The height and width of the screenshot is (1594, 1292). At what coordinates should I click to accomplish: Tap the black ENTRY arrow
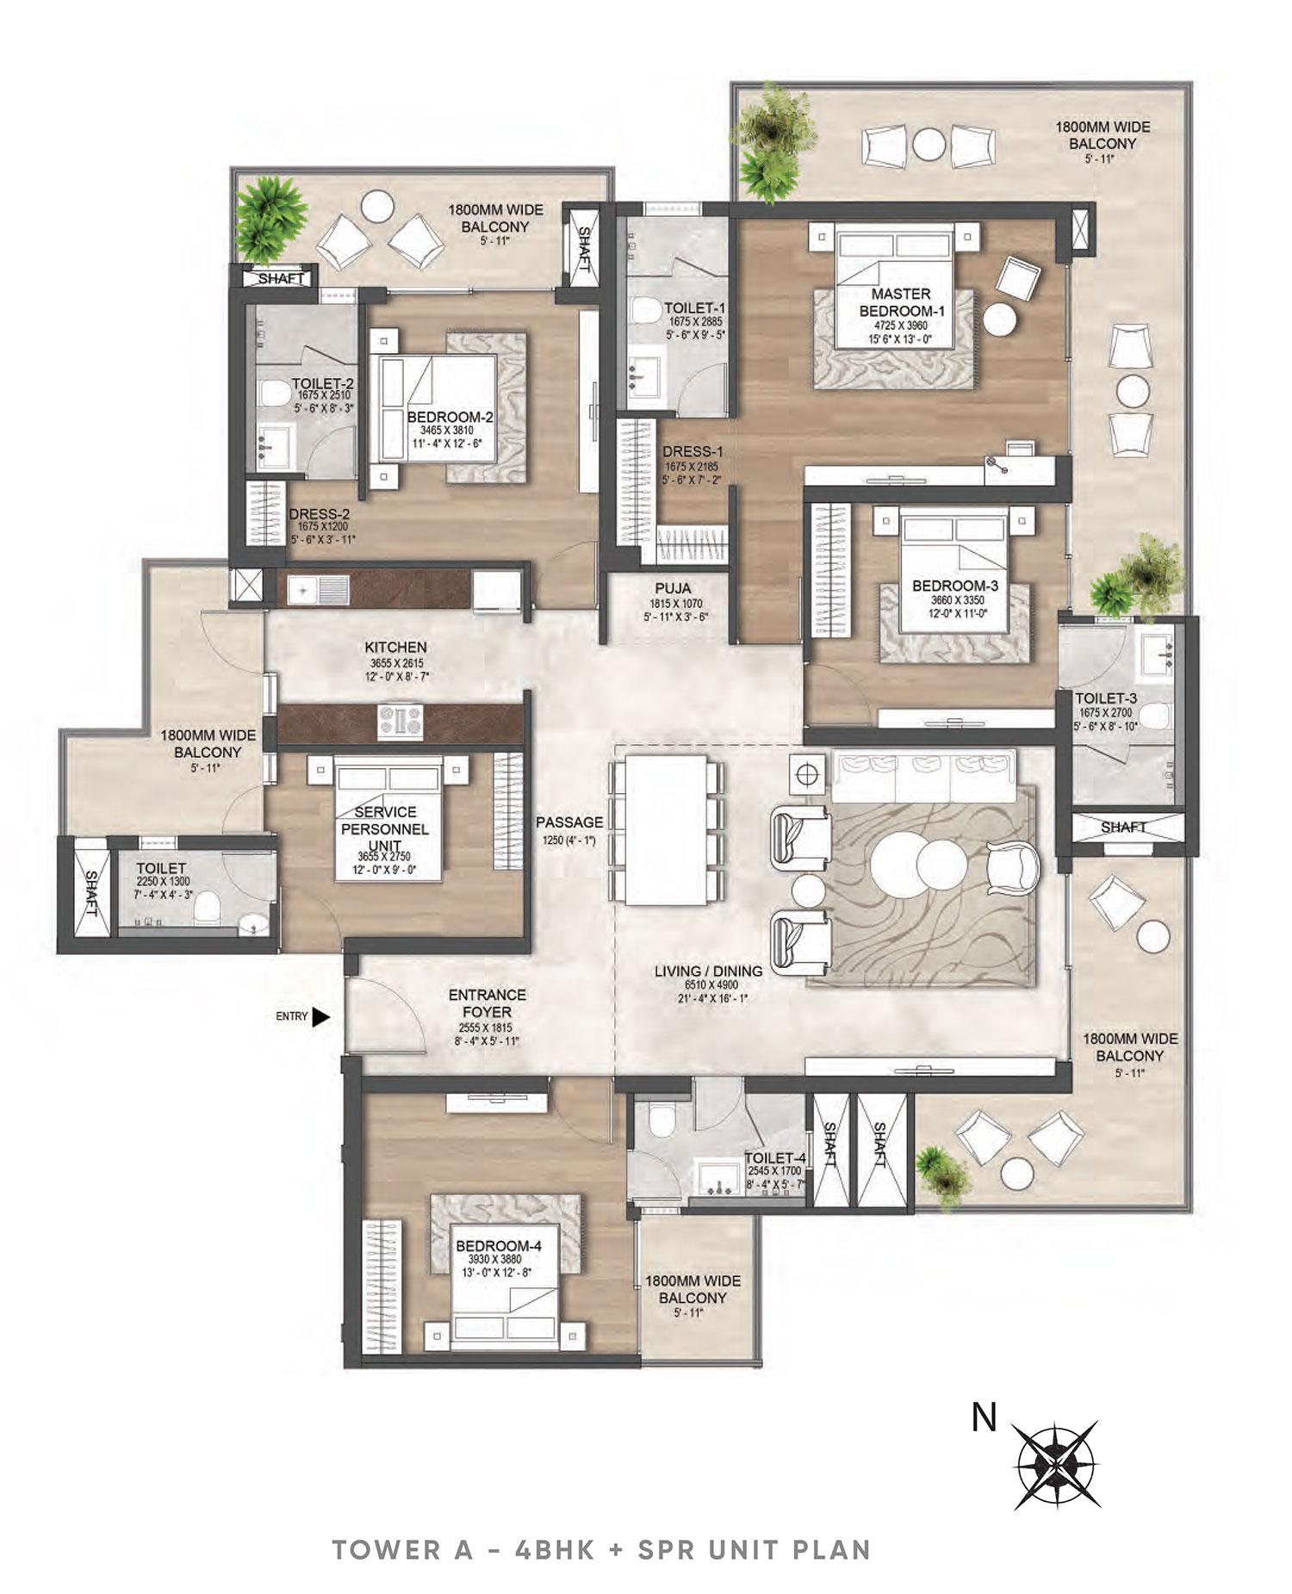[320, 1017]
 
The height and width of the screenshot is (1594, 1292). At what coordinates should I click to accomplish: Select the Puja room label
[668, 590]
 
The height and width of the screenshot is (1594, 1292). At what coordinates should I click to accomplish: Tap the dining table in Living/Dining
[664, 828]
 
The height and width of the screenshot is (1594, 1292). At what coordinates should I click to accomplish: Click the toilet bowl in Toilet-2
[275, 395]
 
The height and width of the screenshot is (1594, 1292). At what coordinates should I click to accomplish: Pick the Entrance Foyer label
[487, 1003]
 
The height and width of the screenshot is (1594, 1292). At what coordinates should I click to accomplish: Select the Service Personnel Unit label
[391, 828]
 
